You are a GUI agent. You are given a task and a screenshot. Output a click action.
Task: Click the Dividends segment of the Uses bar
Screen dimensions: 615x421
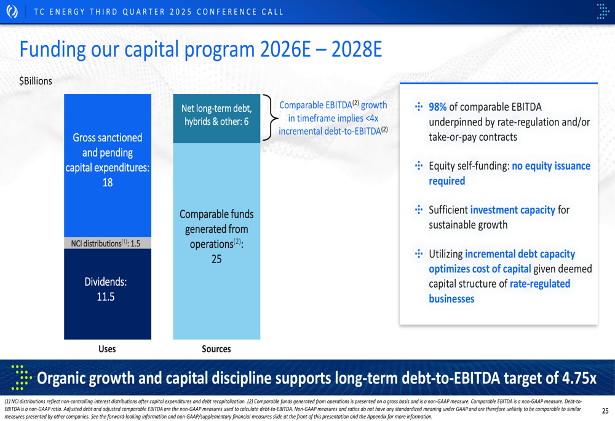[108, 294]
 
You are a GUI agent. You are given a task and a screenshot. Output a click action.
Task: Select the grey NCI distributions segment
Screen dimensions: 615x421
[108, 243]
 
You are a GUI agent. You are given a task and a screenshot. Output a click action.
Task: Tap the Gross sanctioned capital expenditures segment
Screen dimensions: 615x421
[108, 165]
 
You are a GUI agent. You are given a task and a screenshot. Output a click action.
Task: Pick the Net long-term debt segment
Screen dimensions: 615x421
[216, 119]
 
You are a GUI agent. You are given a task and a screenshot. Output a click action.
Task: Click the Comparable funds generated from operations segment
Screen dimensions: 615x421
[216, 241]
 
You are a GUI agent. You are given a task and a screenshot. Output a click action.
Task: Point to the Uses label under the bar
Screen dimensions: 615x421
[107, 349]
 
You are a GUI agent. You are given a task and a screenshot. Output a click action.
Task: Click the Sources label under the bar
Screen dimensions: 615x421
[216, 349]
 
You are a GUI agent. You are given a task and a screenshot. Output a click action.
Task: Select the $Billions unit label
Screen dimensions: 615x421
[36, 81]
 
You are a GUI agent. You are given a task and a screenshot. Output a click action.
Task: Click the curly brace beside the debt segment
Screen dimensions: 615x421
[270, 117]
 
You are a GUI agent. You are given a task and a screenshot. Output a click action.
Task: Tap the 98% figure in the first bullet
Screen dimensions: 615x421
[438, 107]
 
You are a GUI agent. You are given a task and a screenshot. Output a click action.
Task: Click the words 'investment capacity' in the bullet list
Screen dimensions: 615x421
[513, 210]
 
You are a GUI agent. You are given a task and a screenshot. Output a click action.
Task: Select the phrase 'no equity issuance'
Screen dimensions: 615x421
[551, 166]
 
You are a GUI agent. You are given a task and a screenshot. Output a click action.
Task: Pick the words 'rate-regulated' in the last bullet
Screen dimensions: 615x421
[540, 284]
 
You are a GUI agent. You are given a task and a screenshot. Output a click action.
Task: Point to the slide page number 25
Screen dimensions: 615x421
[605, 411]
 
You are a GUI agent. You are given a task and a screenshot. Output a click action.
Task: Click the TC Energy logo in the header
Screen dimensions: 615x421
[12, 11]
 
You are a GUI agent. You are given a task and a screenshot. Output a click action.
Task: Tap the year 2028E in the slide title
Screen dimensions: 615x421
[357, 49]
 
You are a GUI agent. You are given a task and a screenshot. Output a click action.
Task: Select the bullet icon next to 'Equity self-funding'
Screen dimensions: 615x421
[418, 166]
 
